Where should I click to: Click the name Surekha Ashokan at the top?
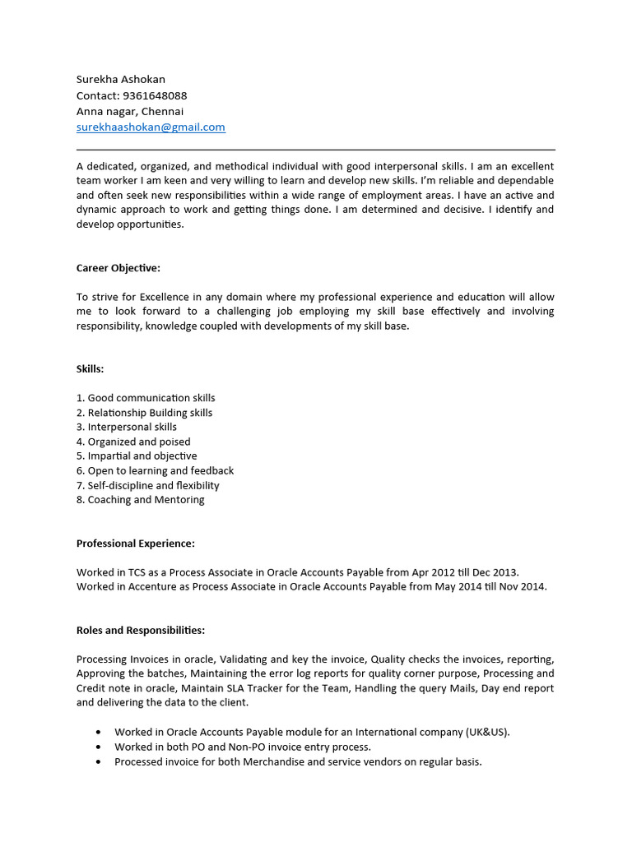[x=121, y=80]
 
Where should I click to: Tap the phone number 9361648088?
[x=154, y=95]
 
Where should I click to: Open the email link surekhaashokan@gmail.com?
[x=151, y=127]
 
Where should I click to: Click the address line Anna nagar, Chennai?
[x=130, y=111]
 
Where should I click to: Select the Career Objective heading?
[x=118, y=268]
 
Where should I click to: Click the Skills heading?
[x=91, y=369]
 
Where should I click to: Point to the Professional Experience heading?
[x=136, y=544]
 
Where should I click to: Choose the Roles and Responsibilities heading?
[x=141, y=631]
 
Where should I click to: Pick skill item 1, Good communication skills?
[x=146, y=398]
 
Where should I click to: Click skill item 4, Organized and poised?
[x=133, y=442]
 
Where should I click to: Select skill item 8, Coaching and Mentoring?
[x=141, y=500]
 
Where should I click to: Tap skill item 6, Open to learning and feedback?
[x=156, y=471]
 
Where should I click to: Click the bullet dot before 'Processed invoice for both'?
[x=99, y=762]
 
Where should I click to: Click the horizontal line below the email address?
[x=316, y=150]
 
